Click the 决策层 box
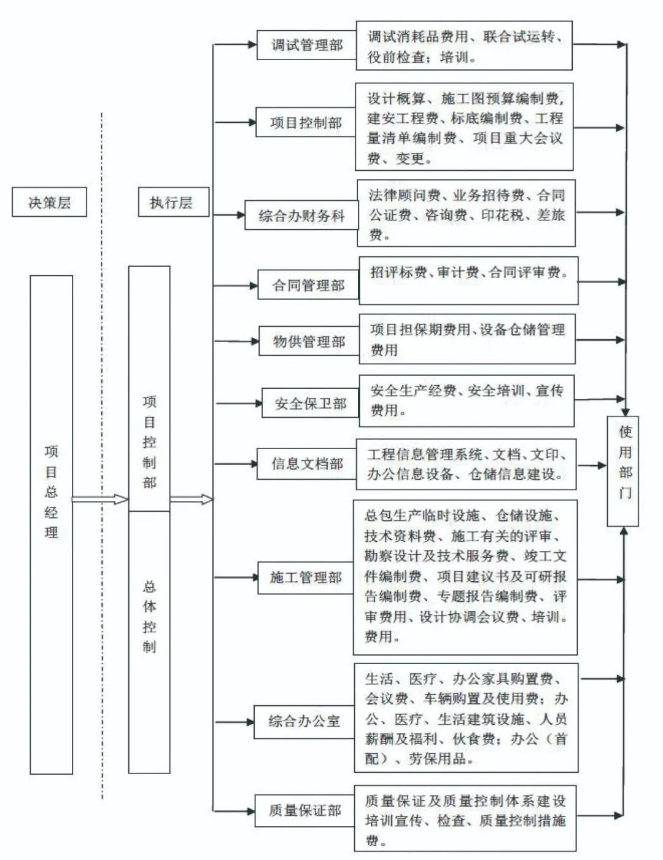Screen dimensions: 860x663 click(49, 203)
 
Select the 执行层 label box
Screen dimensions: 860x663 click(171, 203)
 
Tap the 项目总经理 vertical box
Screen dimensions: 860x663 click(52, 524)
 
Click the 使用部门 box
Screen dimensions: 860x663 click(623, 471)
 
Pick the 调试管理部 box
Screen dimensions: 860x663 click(306, 45)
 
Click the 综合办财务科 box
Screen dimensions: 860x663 click(301, 216)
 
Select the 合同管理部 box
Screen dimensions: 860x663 click(308, 285)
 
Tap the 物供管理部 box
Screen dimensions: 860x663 click(309, 342)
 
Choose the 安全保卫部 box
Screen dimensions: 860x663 click(311, 404)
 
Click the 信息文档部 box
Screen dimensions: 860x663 click(307, 464)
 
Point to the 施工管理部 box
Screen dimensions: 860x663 click(306, 577)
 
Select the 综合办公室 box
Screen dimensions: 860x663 click(304, 721)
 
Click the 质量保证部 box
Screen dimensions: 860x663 click(304, 811)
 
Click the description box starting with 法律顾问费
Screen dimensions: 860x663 click(467, 214)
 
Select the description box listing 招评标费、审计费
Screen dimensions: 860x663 click(468, 281)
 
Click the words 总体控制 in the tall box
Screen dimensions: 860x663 click(149, 616)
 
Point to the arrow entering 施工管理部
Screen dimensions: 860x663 click(236, 577)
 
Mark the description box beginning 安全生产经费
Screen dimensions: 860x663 click(467, 401)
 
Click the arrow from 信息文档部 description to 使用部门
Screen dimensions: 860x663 click(592, 465)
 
